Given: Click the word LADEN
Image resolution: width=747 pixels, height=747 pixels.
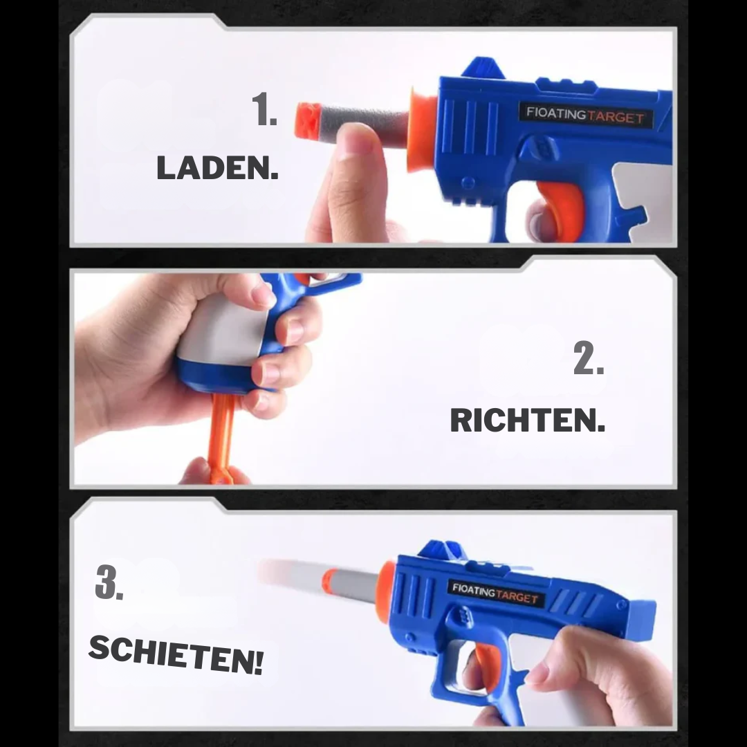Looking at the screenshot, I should pyautogui.click(x=217, y=168).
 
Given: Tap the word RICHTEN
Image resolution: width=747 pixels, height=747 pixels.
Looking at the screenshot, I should pyautogui.click(x=527, y=421).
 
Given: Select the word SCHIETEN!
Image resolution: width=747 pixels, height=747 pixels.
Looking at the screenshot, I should pyautogui.click(x=176, y=654).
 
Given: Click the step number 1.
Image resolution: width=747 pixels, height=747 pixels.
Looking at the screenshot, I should pyautogui.click(x=265, y=111).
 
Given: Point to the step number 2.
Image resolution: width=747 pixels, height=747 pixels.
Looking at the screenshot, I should pyautogui.click(x=589, y=360).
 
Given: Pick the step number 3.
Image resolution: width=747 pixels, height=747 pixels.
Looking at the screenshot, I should pyautogui.click(x=109, y=583).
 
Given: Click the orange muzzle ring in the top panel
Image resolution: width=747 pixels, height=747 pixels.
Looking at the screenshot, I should pyautogui.click(x=420, y=129).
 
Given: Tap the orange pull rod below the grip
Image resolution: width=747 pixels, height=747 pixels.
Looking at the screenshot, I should pyautogui.click(x=222, y=436).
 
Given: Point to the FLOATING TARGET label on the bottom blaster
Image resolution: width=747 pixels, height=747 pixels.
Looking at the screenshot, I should pyautogui.click(x=495, y=593).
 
